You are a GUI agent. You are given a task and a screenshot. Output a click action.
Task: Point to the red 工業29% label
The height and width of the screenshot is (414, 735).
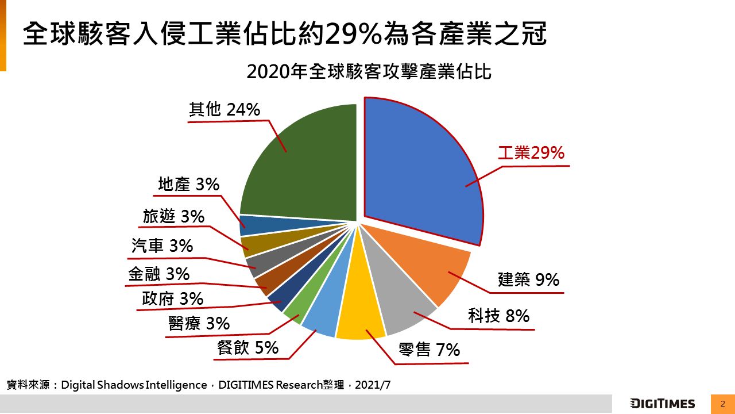pyautogui.click(x=531, y=153)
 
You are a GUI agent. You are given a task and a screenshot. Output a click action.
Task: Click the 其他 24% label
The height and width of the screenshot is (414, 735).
pyautogui.click(x=225, y=109)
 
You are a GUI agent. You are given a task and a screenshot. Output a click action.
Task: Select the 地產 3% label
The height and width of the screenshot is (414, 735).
pyautogui.click(x=188, y=185)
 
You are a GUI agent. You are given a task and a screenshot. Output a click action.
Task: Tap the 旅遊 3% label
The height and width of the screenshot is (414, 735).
pyautogui.click(x=173, y=216)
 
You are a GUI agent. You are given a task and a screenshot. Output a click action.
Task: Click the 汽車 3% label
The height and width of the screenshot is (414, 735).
pyautogui.click(x=162, y=246)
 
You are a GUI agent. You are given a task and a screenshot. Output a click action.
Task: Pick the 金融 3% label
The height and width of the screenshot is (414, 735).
pyautogui.click(x=158, y=274)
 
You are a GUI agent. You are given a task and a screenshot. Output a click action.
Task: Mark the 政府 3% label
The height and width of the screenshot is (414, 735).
pyautogui.click(x=172, y=298)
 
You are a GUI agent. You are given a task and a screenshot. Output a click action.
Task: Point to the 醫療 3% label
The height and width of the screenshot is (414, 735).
pyautogui.click(x=199, y=324)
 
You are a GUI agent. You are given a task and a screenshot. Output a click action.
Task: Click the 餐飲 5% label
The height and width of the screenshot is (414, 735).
pyautogui.click(x=247, y=347)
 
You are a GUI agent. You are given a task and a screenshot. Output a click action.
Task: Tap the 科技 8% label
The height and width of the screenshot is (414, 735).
pyautogui.click(x=498, y=316)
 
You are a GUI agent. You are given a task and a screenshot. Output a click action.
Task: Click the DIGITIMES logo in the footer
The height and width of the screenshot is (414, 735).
pyautogui.click(x=662, y=404)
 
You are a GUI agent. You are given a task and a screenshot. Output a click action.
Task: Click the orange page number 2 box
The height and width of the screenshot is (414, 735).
pyautogui.click(x=723, y=404)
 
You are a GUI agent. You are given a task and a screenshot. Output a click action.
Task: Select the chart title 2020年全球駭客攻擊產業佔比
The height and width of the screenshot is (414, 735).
pyautogui.click(x=369, y=72)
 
